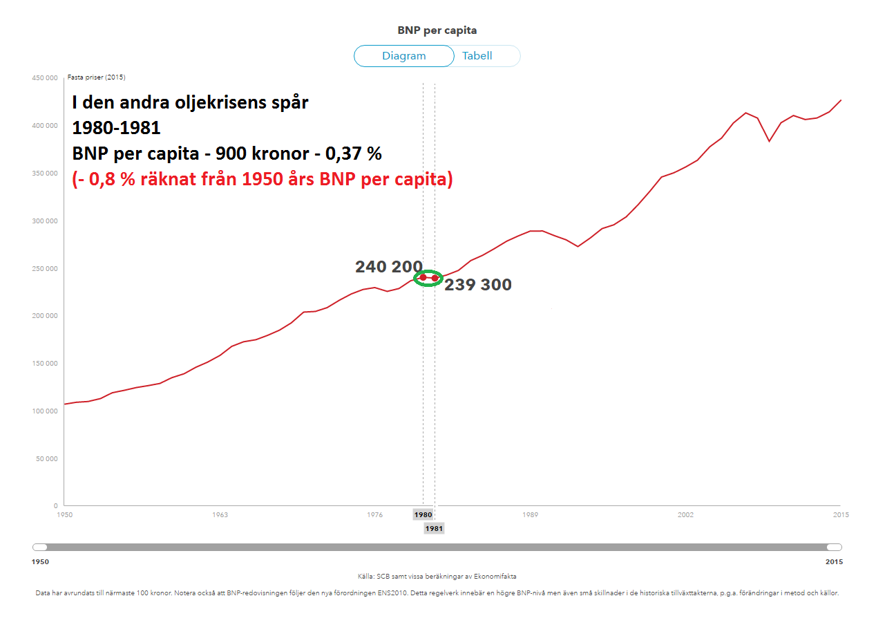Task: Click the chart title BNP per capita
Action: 437,30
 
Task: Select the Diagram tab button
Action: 404,56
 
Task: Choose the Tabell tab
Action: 477,56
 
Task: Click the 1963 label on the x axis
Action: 220,515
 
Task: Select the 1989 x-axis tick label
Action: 530,515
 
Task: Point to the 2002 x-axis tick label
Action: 685,515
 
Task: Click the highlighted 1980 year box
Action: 423,515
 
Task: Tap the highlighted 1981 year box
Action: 434,529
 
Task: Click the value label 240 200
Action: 388,267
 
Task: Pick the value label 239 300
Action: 478,285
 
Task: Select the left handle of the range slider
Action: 40,548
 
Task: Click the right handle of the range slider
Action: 835,548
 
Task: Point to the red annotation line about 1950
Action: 263,180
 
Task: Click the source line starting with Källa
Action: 437,576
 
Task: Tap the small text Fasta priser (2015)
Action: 97,77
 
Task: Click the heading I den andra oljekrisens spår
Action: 191,103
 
